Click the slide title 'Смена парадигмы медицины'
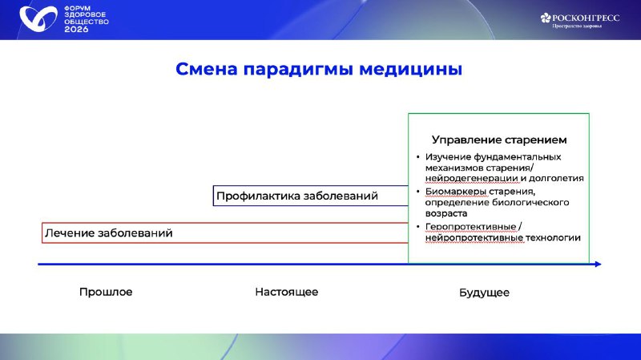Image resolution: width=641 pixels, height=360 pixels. tap(319, 70)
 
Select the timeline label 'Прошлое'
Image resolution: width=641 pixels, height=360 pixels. tap(106, 292)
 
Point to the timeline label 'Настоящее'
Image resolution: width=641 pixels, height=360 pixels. tap(287, 292)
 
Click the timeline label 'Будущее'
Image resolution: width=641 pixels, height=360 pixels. tap(484, 293)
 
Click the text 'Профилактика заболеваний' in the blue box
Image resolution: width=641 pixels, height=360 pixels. tap(296, 196)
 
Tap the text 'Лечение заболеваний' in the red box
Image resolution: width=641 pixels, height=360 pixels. tap(109, 233)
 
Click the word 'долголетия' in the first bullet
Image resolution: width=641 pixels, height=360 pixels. tap(556, 178)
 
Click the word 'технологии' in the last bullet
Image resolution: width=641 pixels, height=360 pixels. tap(553, 237)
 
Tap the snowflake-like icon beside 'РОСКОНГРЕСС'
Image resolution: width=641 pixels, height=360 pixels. tap(546, 17)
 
